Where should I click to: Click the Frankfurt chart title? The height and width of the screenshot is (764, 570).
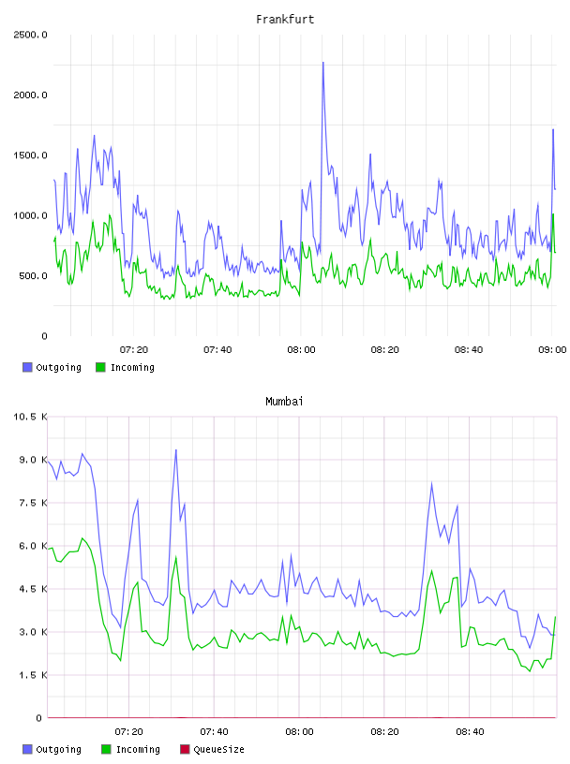[x=285, y=20]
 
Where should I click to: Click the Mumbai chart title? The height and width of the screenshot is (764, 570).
[x=284, y=402]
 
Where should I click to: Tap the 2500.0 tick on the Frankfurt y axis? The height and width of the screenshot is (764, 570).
[x=30, y=35]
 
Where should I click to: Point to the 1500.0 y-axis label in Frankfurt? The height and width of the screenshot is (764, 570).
[x=30, y=155]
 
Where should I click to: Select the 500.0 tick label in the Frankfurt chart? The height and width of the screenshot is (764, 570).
[x=33, y=276]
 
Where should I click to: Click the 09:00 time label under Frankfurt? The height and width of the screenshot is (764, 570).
[x=552, y=350]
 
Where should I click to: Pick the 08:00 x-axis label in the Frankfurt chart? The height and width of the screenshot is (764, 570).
[x=301, y=350]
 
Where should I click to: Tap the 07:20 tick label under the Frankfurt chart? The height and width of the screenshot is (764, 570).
[x=134, y=350]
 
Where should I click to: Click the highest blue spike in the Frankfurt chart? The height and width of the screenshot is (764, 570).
[x=322, y=63]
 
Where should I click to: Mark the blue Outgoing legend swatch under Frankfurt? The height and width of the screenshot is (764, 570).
[x=27, y=367]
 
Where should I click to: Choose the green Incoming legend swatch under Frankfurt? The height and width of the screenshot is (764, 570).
[x=100, y=367]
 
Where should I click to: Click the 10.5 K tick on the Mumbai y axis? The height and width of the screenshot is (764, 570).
[x=30, y=417]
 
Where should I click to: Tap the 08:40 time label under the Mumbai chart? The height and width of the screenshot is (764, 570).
[x=470, y=732]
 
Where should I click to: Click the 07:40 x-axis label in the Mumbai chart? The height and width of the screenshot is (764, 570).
[x=214, y=732]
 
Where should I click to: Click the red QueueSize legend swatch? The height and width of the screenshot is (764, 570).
[x=185, y=749]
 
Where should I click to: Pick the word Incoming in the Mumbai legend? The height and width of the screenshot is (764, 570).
[x=138, y=750]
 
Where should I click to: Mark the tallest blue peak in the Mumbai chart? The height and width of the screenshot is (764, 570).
[x=175, y=450]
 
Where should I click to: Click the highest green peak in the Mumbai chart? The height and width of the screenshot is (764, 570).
[x=82, y=538]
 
